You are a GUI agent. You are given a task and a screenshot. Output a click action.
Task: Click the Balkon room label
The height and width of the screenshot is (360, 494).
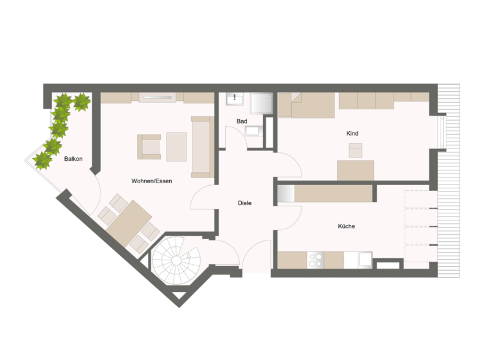tap(73, 159)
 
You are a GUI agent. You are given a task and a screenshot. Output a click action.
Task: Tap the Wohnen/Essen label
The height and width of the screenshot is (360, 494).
tap(151, 181)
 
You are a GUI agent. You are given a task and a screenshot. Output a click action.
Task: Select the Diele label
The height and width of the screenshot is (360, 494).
tap(244, 203)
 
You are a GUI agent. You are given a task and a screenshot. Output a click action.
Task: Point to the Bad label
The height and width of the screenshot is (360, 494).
tap(242, 121)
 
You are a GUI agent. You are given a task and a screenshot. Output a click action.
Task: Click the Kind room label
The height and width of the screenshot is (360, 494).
tap(352, 133)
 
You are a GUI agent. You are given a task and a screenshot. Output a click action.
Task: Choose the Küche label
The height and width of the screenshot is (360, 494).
tap(346, 226)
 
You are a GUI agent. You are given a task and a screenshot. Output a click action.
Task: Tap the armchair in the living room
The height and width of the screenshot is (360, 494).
tap(150, 147)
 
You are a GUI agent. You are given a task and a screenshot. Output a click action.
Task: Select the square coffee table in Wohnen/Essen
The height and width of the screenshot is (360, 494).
tap(176, 147)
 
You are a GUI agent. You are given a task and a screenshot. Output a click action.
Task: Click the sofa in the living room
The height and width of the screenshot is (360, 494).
tap(201, 147)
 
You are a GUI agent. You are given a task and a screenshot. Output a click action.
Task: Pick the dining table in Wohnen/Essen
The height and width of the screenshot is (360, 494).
tap(129, 222)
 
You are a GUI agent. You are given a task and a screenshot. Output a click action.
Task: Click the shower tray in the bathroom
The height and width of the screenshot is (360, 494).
tap(262, 104)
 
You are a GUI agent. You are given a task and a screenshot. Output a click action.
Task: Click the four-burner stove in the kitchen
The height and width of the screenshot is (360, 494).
tap(316, 260)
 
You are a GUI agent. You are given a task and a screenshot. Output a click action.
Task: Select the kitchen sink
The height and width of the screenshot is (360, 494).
tap(364, 260)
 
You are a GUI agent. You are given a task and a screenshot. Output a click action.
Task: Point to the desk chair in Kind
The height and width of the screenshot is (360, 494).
tap(355, 151)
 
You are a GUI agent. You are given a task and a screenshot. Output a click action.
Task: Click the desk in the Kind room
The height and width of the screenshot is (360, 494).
tap(355, 170)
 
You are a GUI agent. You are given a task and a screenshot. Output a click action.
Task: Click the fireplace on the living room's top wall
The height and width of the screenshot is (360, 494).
tap(158, 98)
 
